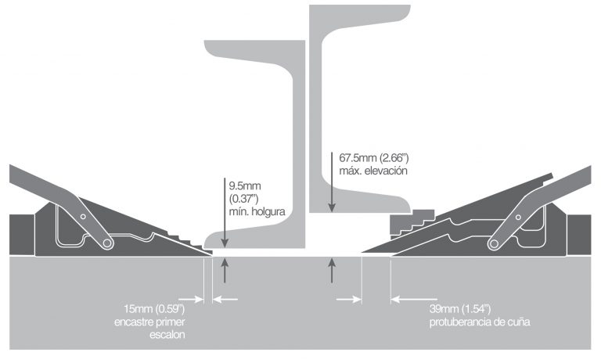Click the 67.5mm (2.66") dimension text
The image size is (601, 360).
coord(374,158)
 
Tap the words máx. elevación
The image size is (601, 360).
coord(373,171)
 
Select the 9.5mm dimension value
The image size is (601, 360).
coord(245,186)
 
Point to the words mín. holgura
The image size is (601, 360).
coord(257,211)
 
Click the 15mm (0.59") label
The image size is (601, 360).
coord(154,308)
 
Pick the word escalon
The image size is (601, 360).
coord(167,335)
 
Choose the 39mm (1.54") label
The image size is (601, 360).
coord(460,308)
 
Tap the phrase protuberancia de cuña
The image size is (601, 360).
coord(480,322)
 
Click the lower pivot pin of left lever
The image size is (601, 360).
coord(107,243)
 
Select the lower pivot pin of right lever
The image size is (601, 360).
coord(494,243)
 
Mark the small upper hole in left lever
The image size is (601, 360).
coord(83,217)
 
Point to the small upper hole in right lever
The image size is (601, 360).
coord(518,218)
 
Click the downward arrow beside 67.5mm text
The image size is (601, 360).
coord(332,182)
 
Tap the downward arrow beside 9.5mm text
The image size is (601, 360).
coord(225,212)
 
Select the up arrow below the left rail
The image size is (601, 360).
coord(225,270)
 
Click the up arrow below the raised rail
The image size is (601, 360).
coord(332,270)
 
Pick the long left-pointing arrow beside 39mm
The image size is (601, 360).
coord(414,299)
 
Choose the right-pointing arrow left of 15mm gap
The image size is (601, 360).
coord(191,299)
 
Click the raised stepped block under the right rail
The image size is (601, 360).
coord(412,221)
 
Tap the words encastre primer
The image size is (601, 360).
coord(149,322)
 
